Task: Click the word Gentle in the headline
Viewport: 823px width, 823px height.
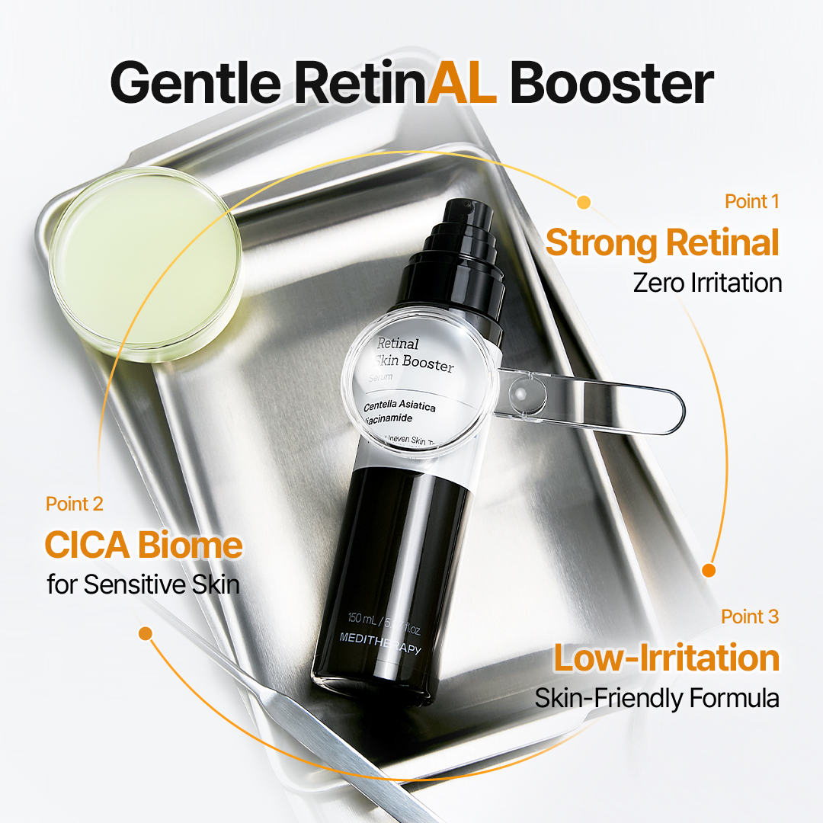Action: point(197,83)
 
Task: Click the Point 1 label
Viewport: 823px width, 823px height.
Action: point(751,201)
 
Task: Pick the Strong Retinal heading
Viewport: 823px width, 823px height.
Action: point(662,243)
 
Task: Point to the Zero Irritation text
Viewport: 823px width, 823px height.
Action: point(707,283)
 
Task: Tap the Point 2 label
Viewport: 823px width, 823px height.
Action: point(75,504)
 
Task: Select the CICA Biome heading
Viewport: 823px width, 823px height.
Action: point(143,545)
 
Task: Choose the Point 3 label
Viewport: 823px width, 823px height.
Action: point(750,616)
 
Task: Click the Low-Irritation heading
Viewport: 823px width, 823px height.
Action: point(666,658)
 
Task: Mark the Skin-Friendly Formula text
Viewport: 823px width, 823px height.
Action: point(656,698)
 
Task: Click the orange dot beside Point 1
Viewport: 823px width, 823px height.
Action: point(584,202)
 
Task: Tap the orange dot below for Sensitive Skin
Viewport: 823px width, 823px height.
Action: point(146,633)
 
